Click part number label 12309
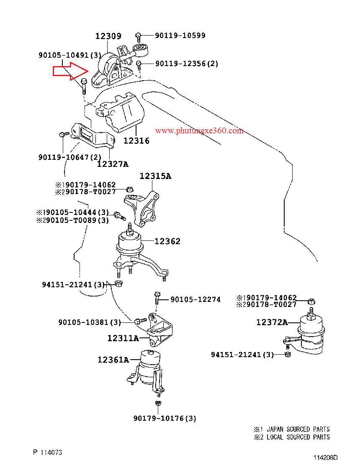coord(108,36)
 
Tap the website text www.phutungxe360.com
coord(199,131)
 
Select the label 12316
coord(136,141)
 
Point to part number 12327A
coord(113,164)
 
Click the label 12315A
coord(155,176)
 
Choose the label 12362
coord(167,241)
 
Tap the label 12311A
coord(123,338)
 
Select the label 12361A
coord(113,360)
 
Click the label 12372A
coord(272,322)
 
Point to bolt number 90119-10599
coord(180,36)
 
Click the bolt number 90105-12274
coord(195,299)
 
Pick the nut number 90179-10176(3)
coord(165,418)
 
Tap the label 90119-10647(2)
coord(70,157)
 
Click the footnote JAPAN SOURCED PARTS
coord(298,429)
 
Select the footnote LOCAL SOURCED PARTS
coord(298,437)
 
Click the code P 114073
coord(48,452)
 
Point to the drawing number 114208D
coord(326,458)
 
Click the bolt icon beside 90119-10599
coord(139,36)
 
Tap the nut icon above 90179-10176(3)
coord(158,404)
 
